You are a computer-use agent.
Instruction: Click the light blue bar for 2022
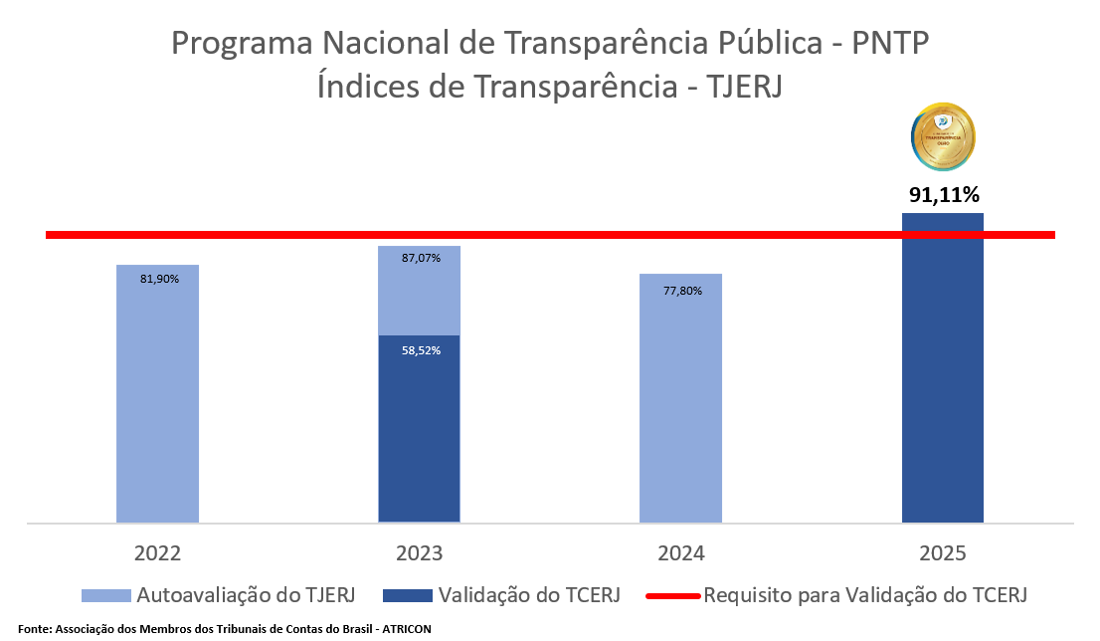tap(157, 398)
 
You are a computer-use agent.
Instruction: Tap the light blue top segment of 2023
tap(419, 299)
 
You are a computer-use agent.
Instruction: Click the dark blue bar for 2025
tap(942, 378)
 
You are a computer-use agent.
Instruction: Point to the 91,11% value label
tap(943, 194)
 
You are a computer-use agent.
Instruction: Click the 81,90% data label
tap(159, 280)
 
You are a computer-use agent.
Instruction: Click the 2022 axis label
tap(157, 553)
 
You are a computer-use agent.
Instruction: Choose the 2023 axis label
tap(419, 553)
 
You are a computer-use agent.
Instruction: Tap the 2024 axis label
tap(680, 553)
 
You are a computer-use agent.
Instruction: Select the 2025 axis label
tap(942, 553)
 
